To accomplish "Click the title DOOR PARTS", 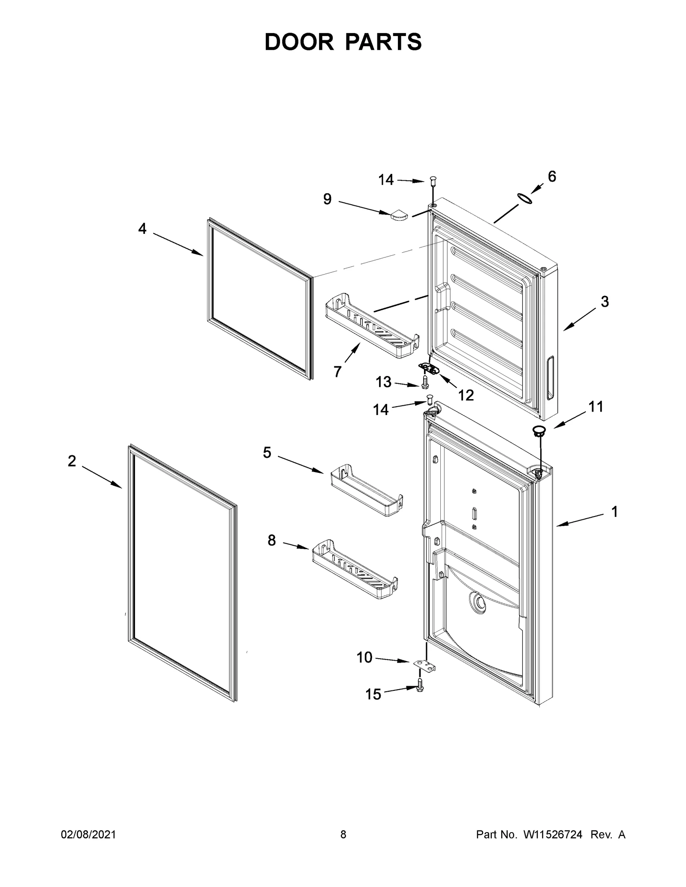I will pos(343,42).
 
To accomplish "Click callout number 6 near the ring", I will pos(552,176).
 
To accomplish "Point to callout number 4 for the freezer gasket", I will pos(142,229).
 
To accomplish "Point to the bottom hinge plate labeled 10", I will pos(424,676).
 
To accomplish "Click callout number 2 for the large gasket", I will pos(72,461).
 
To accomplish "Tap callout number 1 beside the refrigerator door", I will pos(614,511).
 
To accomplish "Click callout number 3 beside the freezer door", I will pos(604,302).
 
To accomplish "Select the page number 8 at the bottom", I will pos(343,834).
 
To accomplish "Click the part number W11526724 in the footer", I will pos(552,834).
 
